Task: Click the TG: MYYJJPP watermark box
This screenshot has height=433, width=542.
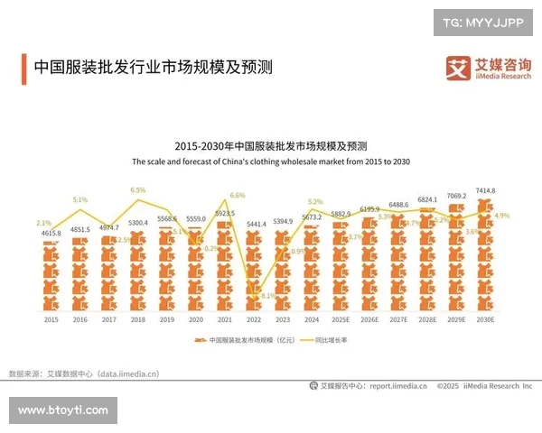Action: (483, 23)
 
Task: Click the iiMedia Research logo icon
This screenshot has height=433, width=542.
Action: (458, 68)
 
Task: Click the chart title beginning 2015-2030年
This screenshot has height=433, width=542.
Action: (271, 146)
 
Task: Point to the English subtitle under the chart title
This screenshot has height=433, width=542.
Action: (271, 161)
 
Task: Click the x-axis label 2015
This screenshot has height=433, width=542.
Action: (51, 318)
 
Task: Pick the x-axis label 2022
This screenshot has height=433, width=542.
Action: (256, 318)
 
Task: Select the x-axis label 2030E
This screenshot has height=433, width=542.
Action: (485, 318)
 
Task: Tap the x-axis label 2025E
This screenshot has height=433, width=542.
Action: (341, 318)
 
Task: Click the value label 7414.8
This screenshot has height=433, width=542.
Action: (485, 190)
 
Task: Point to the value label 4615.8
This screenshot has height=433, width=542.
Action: (51, 234)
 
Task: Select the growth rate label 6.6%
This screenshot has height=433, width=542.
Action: (238, 195)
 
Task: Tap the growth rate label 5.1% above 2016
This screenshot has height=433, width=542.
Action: (80, 199)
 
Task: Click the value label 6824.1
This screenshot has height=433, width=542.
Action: (427, 199)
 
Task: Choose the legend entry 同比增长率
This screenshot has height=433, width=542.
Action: (330, 341)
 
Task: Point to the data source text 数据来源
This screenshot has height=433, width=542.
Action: (83, 373)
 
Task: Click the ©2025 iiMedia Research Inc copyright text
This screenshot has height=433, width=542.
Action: (484, 386)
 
